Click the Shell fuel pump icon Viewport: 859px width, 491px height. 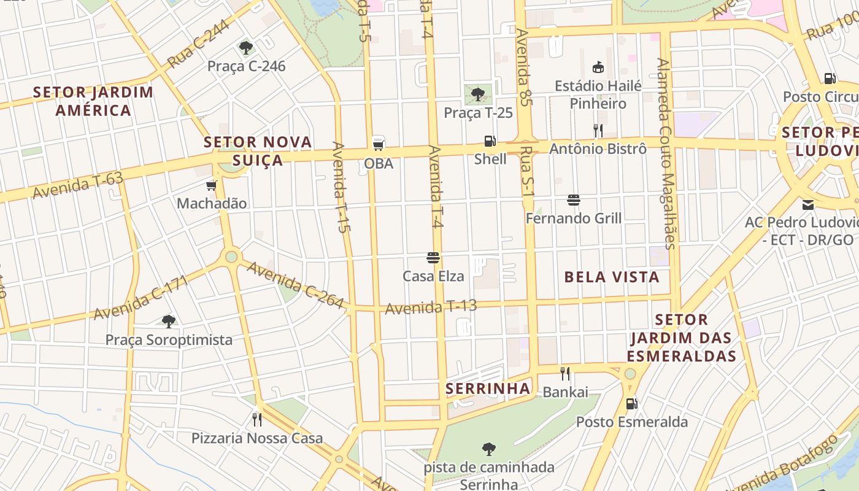pyautogui.click(x=490, y=141)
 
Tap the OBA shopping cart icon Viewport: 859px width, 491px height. pyautogui.click(x=379, y=145)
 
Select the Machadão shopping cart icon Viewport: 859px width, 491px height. pyautogui.click(x=212, y=185)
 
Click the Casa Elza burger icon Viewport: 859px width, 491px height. pyautogui.click(x=433, y=258)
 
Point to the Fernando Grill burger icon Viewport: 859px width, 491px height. pyautogui.click(x=574, y=200)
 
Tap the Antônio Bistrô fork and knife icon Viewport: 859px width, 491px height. pyautogui.click(x=598, y=130)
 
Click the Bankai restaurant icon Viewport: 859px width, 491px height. pyautogui.click(x=565, y=373)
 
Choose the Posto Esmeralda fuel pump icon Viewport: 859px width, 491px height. pyautogui.click(x=631, y=404)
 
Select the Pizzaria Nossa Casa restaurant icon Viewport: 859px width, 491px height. pyautogui.click(x=257, y=420)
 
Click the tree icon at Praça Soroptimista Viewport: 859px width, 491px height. pyautogui.click(x=169, y=321)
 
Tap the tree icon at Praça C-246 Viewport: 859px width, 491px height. pyautogui.click(x=246, y=47)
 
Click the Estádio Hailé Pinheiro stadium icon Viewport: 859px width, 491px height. pyautogui.click(x=598, y=67)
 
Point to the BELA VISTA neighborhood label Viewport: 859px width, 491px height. pyautogui.click(x=612, y=277)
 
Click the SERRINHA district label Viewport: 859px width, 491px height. pyautogui.click(x=488, y=389)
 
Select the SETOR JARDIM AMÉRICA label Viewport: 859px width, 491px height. pyautogui.click(x=93, y=101)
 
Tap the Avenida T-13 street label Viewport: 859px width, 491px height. pyautogui.click(x=431, y=307)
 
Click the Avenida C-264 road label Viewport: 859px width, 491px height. pyautogui.click(x=295, y=285)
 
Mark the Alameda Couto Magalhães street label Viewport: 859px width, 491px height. pyautogui.click(x=665, y=153)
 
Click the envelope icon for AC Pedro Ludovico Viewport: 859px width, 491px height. pyautogui.click(x=808, y=204)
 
